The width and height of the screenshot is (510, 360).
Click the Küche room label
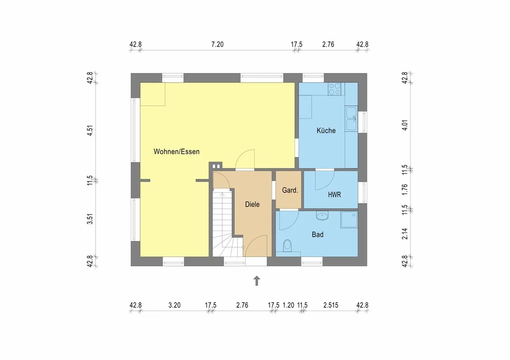coord(326,130)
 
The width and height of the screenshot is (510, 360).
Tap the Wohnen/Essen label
coord(176,151)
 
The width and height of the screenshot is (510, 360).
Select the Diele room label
coord(252,204)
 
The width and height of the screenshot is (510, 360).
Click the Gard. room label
coord(290,190)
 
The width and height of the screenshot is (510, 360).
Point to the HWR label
coord(334,195)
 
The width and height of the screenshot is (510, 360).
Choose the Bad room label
coord(317,234)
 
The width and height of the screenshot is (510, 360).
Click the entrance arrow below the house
coord(257,280)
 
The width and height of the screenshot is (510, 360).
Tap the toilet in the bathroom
coord(287,246)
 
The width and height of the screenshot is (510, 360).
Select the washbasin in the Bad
coord(322,215)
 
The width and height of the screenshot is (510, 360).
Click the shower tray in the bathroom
coord(349,220)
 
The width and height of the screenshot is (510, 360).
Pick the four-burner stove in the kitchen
coord(335,89)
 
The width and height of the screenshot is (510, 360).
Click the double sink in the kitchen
coord(351,119)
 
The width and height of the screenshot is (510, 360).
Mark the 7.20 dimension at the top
coord(217,44)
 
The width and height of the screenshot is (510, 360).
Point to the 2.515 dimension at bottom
coord(331,305)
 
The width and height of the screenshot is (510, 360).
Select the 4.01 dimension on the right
coord(404,125)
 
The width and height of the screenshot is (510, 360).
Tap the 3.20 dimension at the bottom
coord(174,305)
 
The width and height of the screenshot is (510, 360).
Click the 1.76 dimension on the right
coord(404,189)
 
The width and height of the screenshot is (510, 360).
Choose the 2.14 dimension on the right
coord(404,233)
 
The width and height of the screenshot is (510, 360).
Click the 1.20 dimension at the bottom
coord(288,305)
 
